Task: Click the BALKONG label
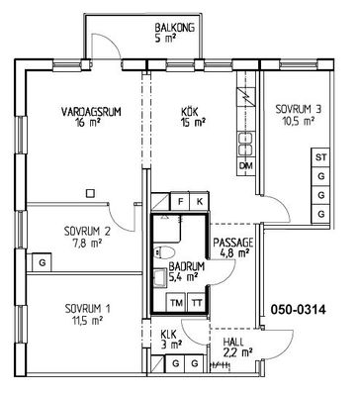174,28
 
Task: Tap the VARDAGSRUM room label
91,112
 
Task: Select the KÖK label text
190,112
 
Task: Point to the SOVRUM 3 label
299,109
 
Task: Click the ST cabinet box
320,157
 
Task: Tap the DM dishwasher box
246,165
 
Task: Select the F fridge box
180,201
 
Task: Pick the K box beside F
200,201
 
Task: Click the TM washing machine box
177,302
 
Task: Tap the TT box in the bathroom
197,302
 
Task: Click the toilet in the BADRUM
164,252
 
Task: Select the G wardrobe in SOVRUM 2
42,262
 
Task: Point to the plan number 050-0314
298,310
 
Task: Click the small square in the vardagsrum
90,193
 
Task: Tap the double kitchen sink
246,144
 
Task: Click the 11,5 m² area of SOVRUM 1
87,320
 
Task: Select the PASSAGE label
233,243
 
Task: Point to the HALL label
233,342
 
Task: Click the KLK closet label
169,334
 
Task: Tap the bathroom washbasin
160,276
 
